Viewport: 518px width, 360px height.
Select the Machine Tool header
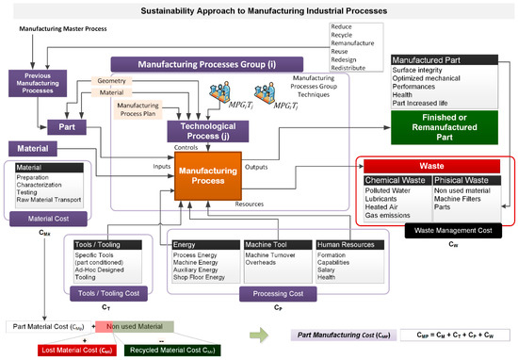click(x=274, y=245)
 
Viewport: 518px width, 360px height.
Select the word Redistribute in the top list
click(x=350, y=69)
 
